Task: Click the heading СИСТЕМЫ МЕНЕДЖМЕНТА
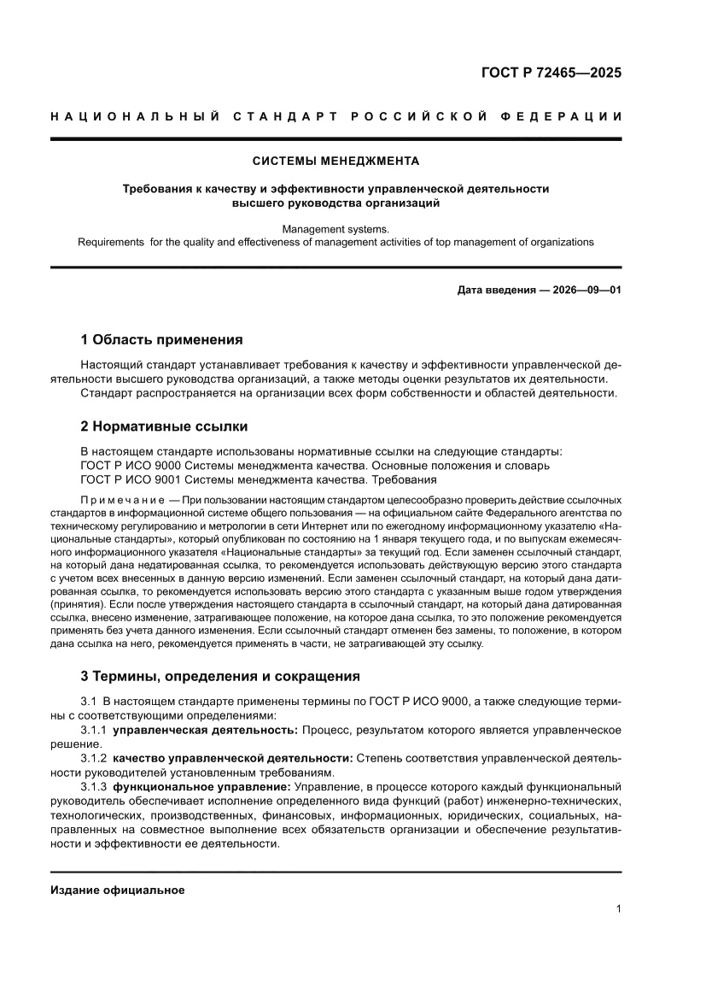pos(335,161)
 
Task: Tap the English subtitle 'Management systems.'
pos(335,229)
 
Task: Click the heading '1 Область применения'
pos(161,339)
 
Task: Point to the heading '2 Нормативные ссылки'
pos(164,426)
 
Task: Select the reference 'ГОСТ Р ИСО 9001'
pos(129,479)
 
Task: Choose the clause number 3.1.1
pos(94,731)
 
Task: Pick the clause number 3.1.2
pos(94,758)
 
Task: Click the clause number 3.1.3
pos(94,785)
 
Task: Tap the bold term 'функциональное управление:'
pos(201,785)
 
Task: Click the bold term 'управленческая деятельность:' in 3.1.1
pos(205,731)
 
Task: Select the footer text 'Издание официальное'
pos(118,890)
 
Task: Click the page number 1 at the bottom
pos(617,908)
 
